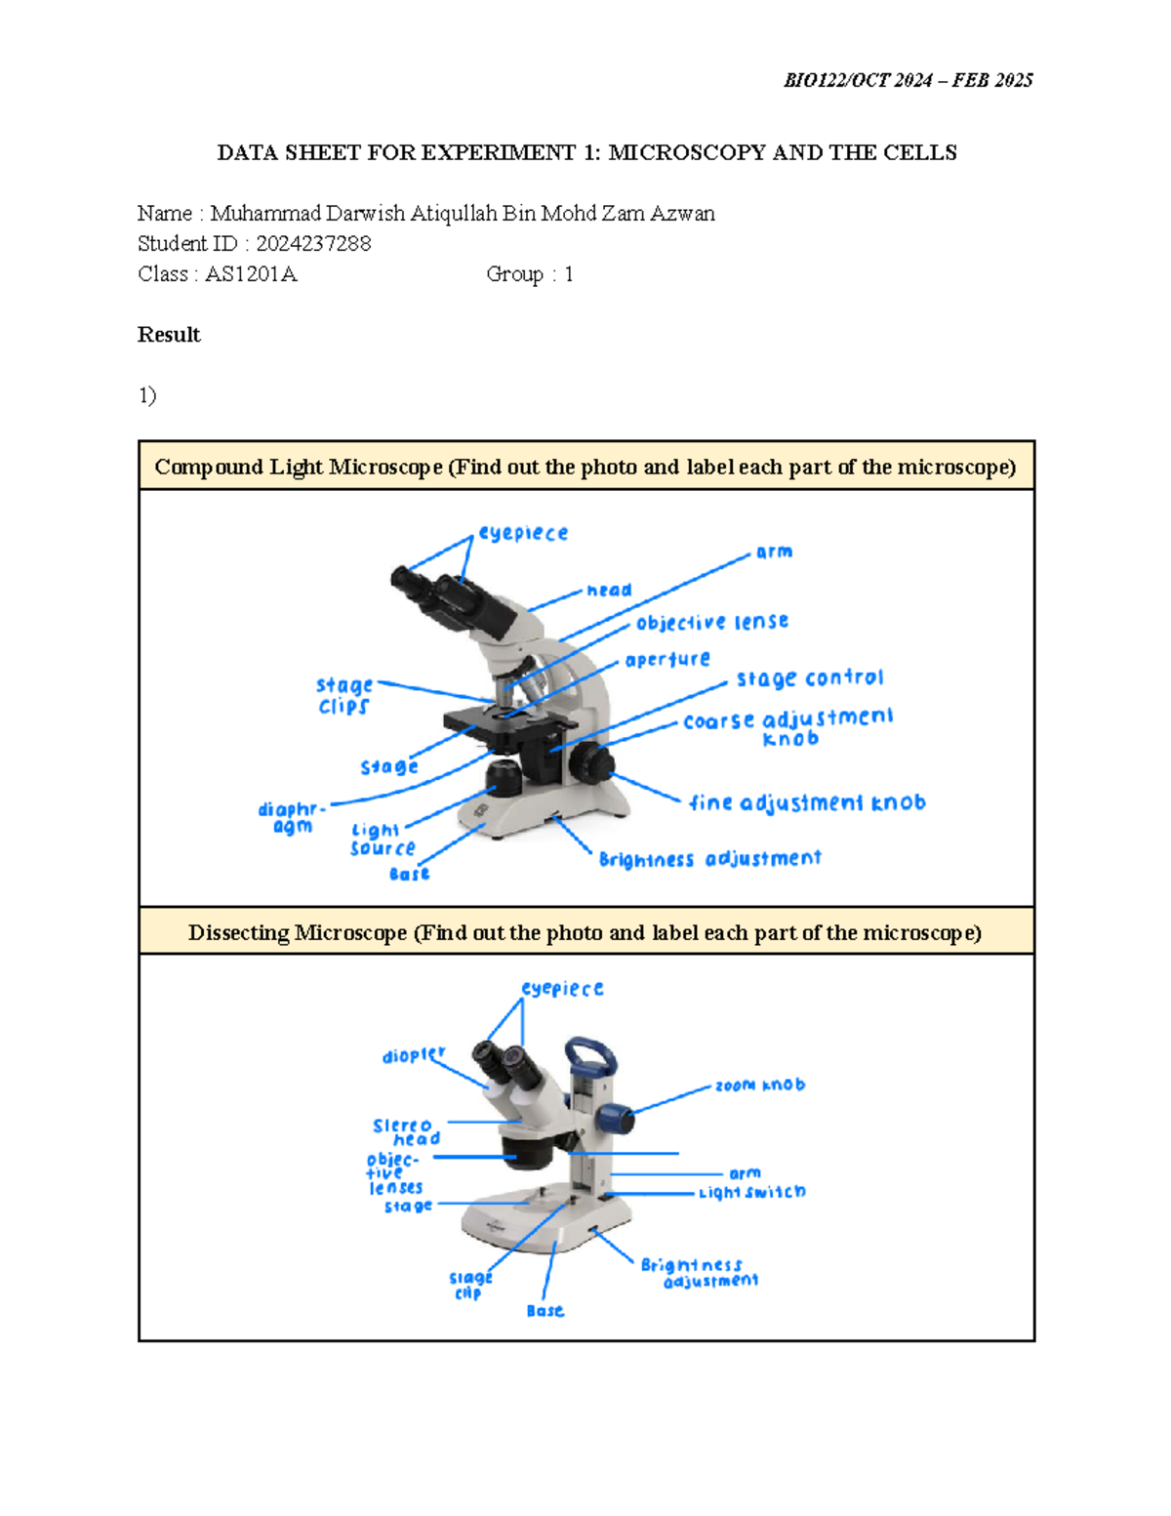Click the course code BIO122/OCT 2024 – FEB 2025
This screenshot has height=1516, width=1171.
(908, 80)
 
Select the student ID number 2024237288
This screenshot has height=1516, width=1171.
(313, 244)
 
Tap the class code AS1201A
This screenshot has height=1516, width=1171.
(251, 274)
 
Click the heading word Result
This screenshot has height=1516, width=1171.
(169, 335)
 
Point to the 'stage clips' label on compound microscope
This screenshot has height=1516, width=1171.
(344, 696)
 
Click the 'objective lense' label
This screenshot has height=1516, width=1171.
(712, 623)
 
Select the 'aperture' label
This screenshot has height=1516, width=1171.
(667, 660)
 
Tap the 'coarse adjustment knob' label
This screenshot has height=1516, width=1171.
(787, 727)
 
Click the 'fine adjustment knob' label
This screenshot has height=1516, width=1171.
(807, 802)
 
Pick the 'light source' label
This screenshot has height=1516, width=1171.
(382, 840)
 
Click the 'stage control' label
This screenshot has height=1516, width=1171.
(810, 678)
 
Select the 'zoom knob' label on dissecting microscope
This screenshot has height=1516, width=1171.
(760, 1085)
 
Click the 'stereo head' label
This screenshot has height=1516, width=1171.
(406, 1132)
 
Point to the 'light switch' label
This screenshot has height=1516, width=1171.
(752, 1192)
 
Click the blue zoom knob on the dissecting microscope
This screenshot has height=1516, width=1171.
(616, 1117)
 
